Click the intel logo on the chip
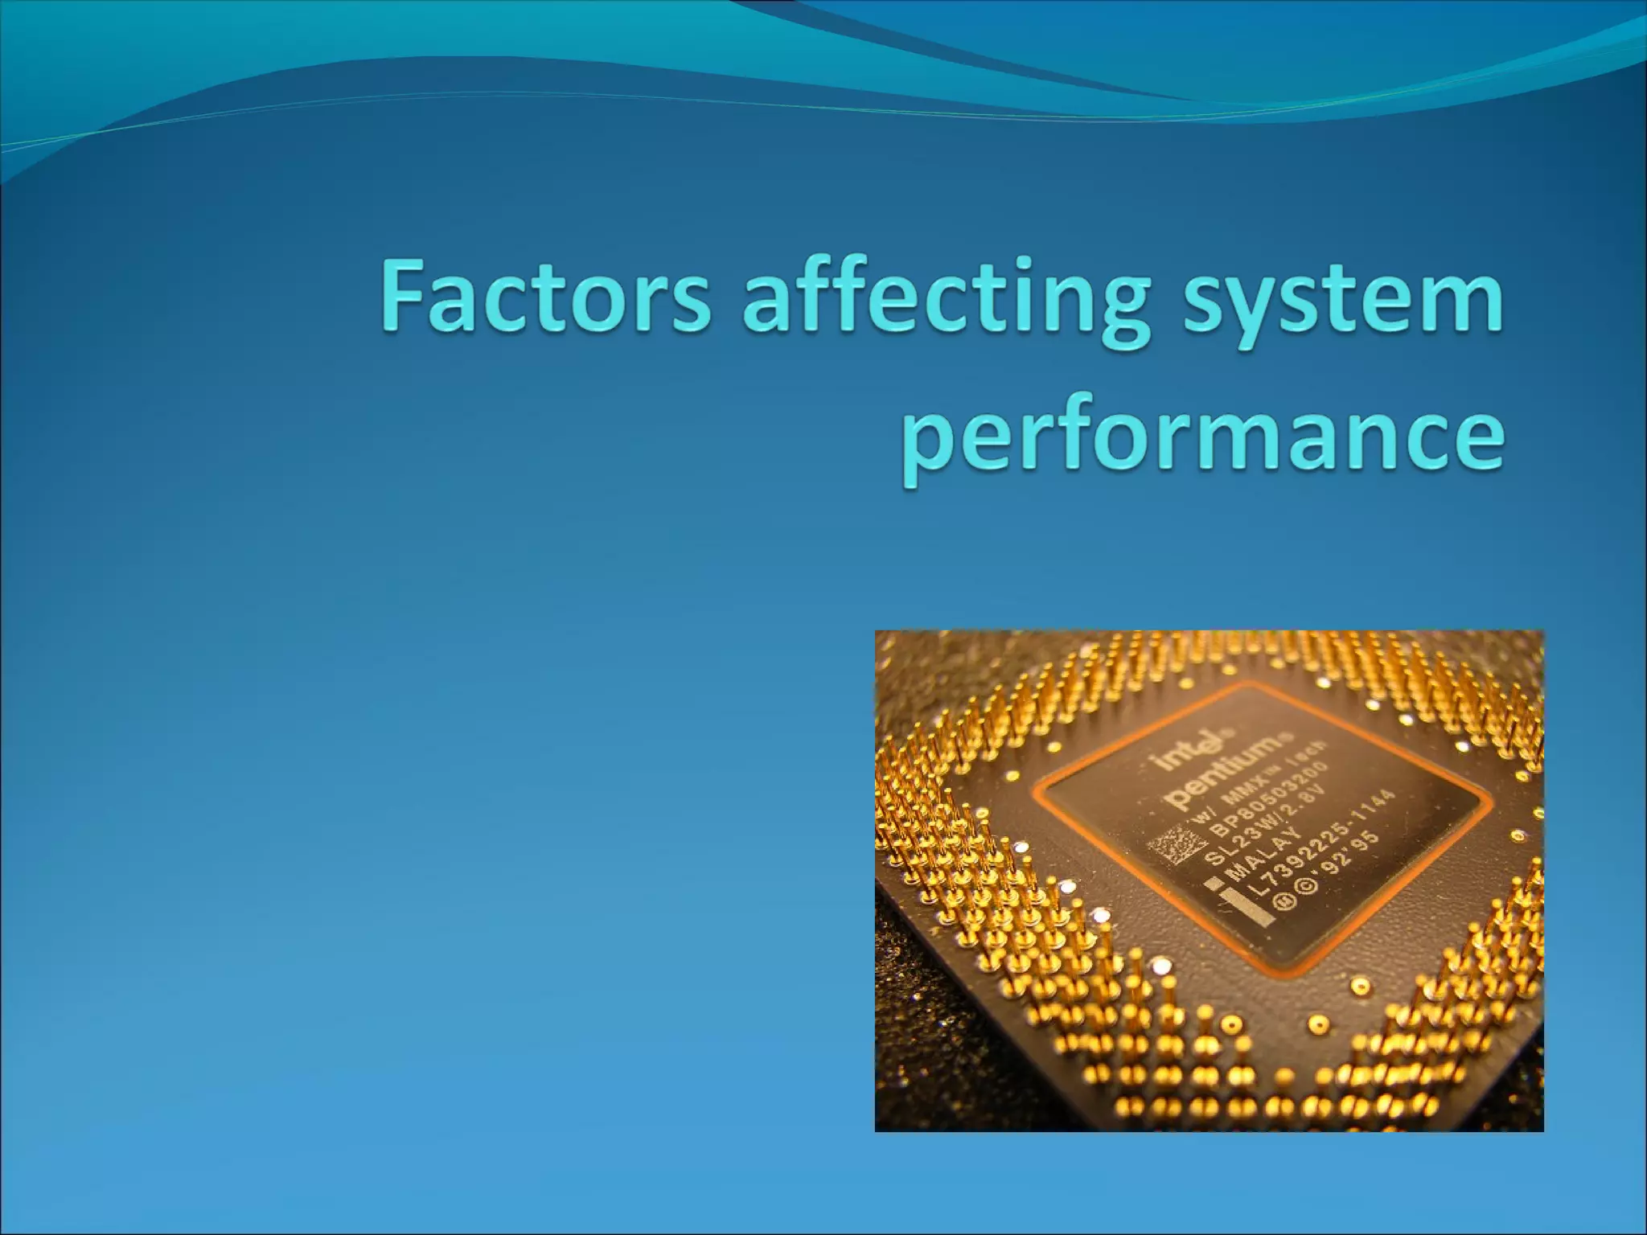(x=1183, y=752)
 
